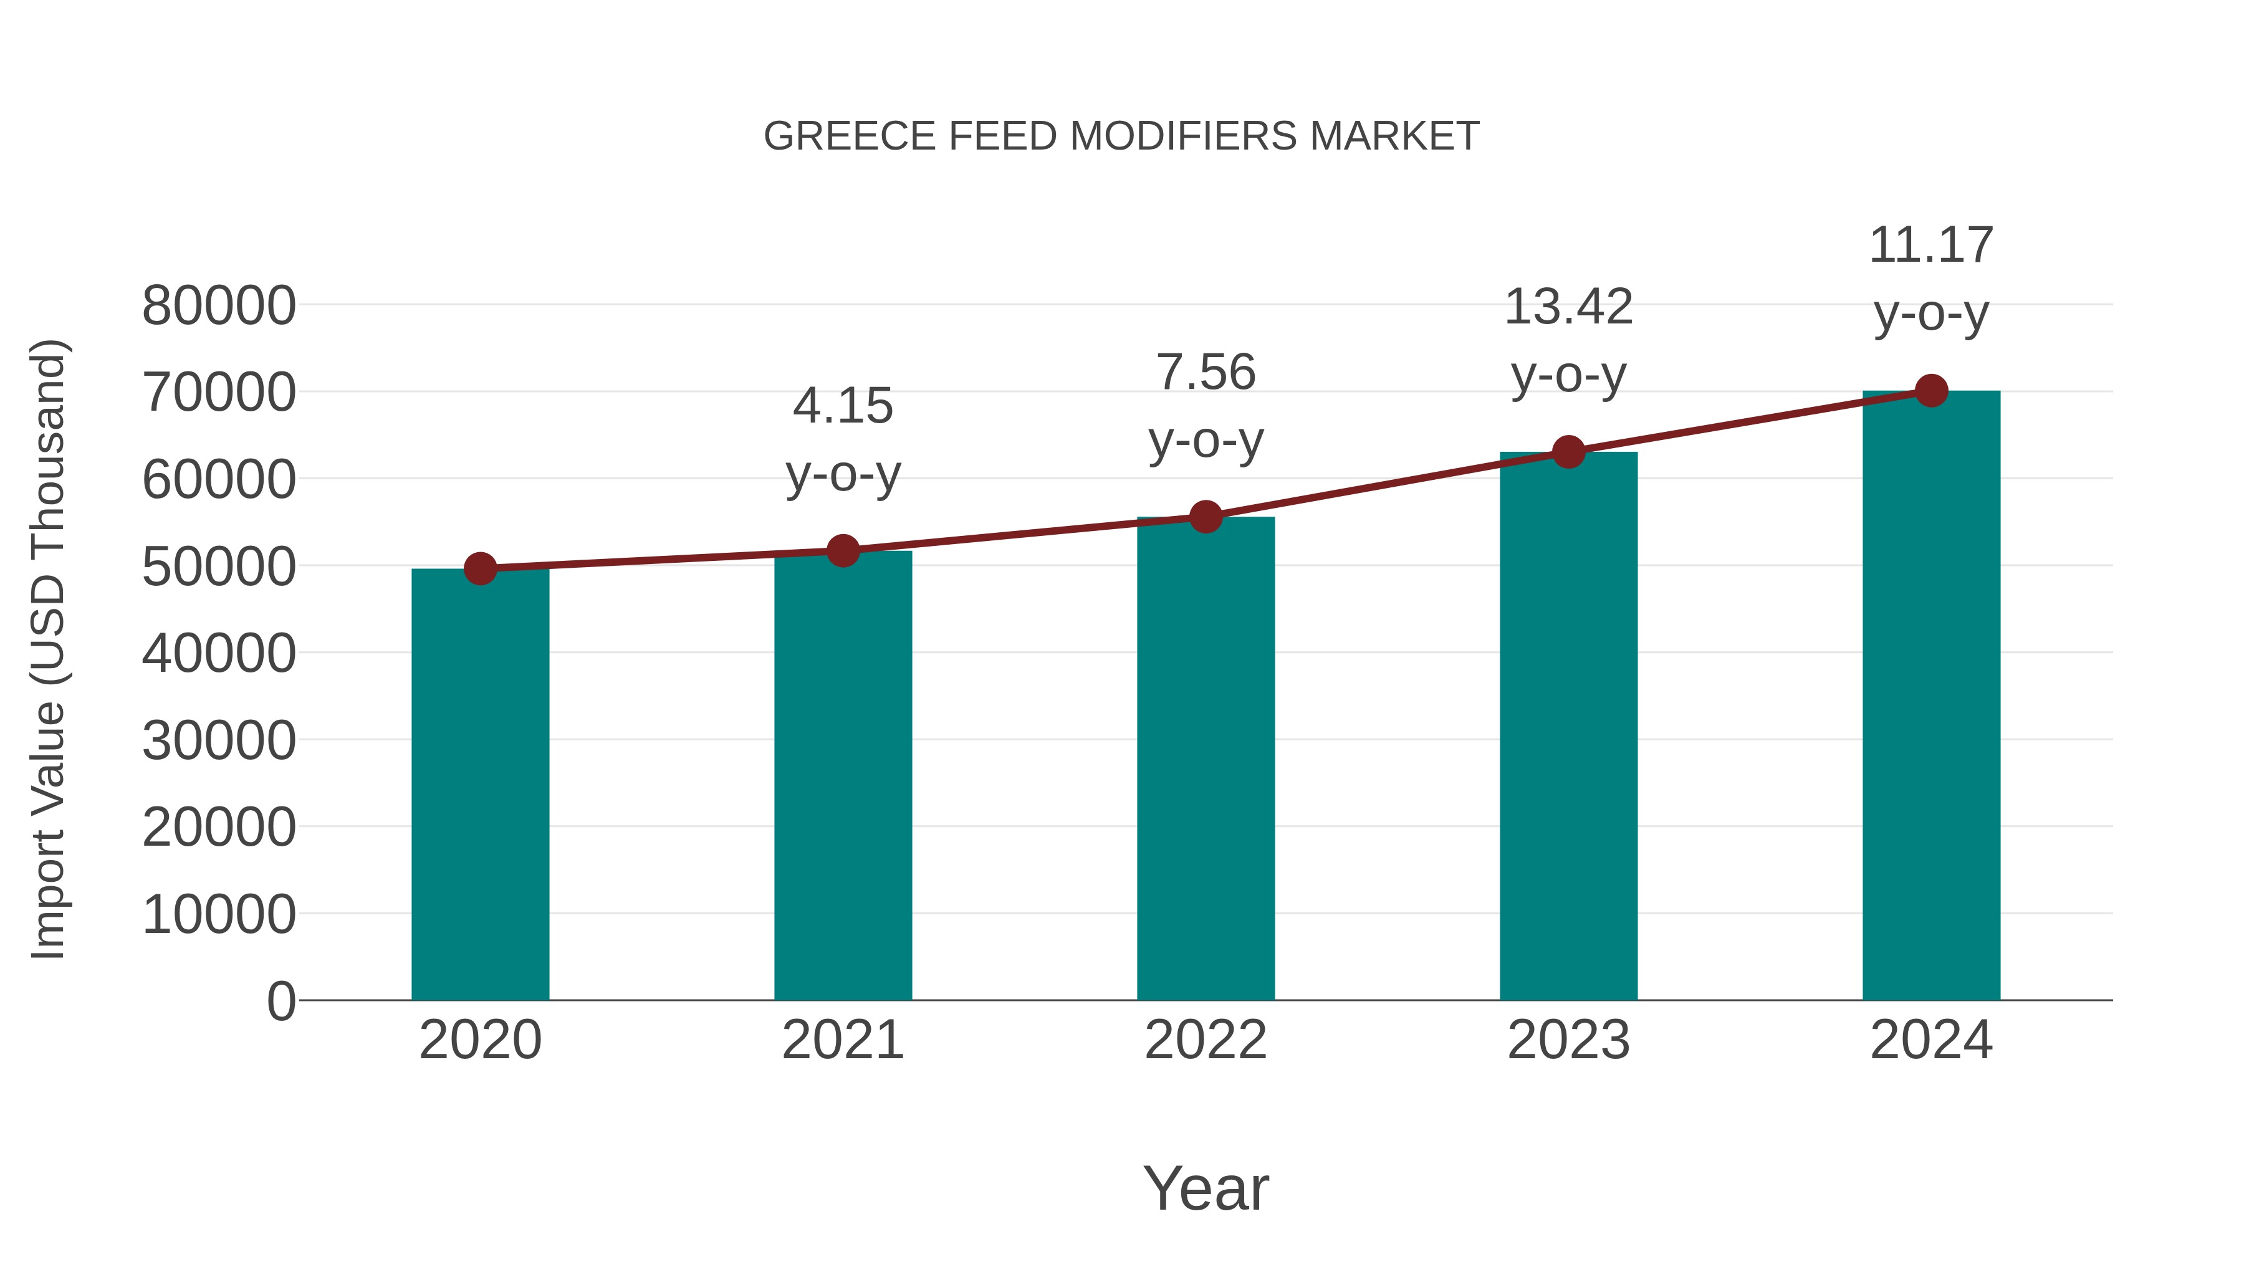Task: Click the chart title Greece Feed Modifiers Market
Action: (1121, 136)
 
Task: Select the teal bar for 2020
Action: (480, 784)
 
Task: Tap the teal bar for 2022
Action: (1206, 758)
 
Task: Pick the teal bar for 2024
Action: (1931, 697)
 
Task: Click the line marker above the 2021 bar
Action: (842, 550)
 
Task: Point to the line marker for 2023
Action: (1568, 452)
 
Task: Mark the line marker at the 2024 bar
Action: (1931, 391)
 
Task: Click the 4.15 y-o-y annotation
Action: (842, 440)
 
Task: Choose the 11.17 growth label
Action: (1931, 279)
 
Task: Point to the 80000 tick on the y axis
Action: (219, 307)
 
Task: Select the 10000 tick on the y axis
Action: (219, 914)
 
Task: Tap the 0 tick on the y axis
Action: (280, 1001)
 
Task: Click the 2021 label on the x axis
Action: (842, 1040)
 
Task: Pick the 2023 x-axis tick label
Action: (1568, 1040)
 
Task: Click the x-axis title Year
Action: (1206, 1188)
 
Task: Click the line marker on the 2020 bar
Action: (480, 569)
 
